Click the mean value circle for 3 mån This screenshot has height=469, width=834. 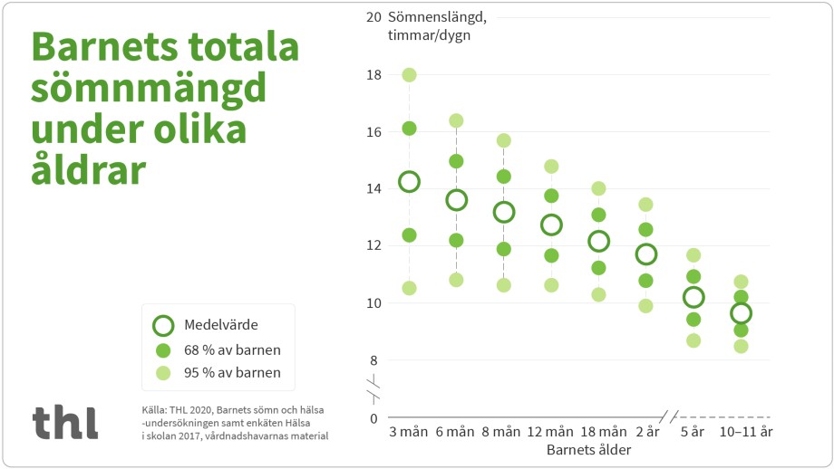tap(409, 182)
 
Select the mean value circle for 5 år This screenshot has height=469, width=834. tap(693, 297)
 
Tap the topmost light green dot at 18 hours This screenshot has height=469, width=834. tap(409, 75)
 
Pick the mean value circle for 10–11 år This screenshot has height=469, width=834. tap(741, 313)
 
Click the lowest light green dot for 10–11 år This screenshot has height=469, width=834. tap(741, 346)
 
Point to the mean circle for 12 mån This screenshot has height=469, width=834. tap(551, 225)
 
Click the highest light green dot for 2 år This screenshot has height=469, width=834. tap(645, 205)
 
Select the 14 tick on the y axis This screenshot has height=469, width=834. tap(373, 188)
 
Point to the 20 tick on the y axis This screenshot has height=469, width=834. tap(373, 17)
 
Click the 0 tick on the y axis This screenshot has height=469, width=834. tap(373, 418)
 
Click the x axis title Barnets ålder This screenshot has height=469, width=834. tap(589, 449)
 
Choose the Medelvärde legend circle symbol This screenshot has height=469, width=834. tap(163, 326)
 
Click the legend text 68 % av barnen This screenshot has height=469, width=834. tap(232, 349)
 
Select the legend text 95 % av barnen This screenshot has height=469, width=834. tap(232, 372)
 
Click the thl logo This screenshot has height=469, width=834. tap(65, 422)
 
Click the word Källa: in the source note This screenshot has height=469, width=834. tap(155, 410)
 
